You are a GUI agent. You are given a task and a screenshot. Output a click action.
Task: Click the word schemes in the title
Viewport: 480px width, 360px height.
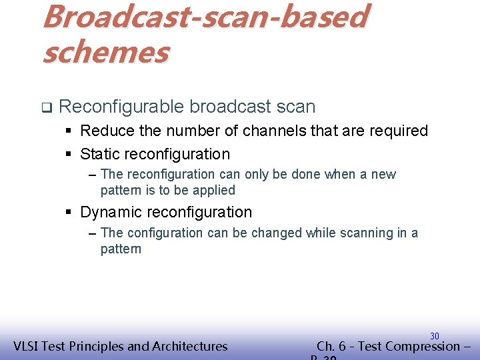[x=105, y=52]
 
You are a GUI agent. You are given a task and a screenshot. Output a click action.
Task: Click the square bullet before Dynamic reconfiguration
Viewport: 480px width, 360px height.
[x=69, y=213]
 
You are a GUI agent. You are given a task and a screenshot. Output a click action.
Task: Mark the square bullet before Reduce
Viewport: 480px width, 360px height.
[x=69, y=131]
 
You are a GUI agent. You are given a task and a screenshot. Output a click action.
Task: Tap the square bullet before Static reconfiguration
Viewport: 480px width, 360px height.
[x=69, y=155]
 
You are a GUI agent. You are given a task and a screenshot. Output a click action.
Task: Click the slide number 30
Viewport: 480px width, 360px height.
[x=434, y=336]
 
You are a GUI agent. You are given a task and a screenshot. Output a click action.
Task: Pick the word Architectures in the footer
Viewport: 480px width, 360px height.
[x=190, y=346]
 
